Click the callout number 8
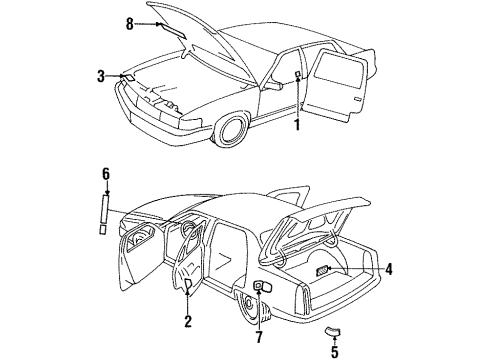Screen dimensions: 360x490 pyautogui.click(x=128, y=21)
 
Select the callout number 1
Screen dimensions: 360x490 pyautogui.click(x=296, y=126)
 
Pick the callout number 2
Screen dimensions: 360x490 pyautogui.click(x=187, y=321)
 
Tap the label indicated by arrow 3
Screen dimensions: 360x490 pyautogui.click(x=126, y=77)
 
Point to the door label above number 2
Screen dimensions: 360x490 pyautogui.click(x=188, y=285)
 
